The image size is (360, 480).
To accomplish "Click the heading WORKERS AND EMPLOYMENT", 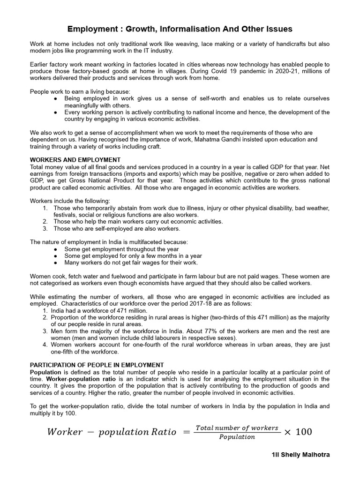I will [75, 160].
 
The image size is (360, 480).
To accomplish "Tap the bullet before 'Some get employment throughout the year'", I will [56, 249].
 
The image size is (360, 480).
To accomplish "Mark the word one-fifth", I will [66, 352].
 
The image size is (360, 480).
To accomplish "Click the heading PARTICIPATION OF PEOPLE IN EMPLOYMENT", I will [97, 365].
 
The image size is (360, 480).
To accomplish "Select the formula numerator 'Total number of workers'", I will [237, 428].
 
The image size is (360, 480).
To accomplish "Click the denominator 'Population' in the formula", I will [237, 437].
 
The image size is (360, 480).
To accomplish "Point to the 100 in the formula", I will [303, 432].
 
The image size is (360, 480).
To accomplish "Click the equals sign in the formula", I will [186, 432].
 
